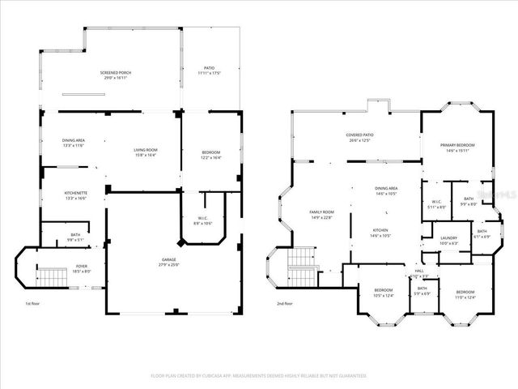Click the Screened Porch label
116,74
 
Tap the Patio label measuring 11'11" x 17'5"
209,71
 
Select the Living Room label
145,152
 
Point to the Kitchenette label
74,195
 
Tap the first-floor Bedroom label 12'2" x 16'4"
210,154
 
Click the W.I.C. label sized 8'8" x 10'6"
203,220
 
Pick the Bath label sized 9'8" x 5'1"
74,237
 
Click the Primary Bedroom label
458,147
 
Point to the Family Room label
321,215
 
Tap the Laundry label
448,242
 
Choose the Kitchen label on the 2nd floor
380,233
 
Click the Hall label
419,274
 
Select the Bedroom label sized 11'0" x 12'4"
465,294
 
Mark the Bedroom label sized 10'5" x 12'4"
383,293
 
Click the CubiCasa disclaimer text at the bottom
259,375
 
